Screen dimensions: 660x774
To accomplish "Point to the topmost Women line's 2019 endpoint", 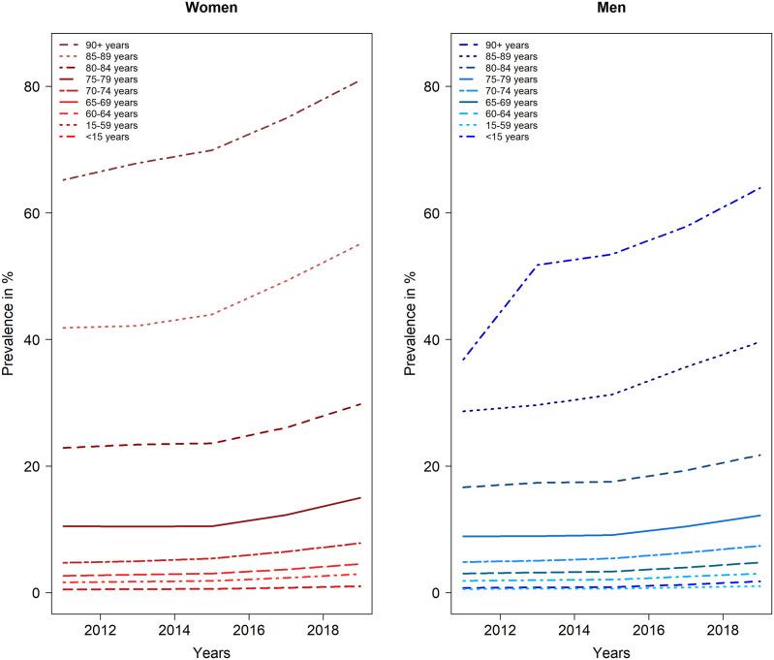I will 360,80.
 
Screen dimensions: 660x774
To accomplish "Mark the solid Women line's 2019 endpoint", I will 360,497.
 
